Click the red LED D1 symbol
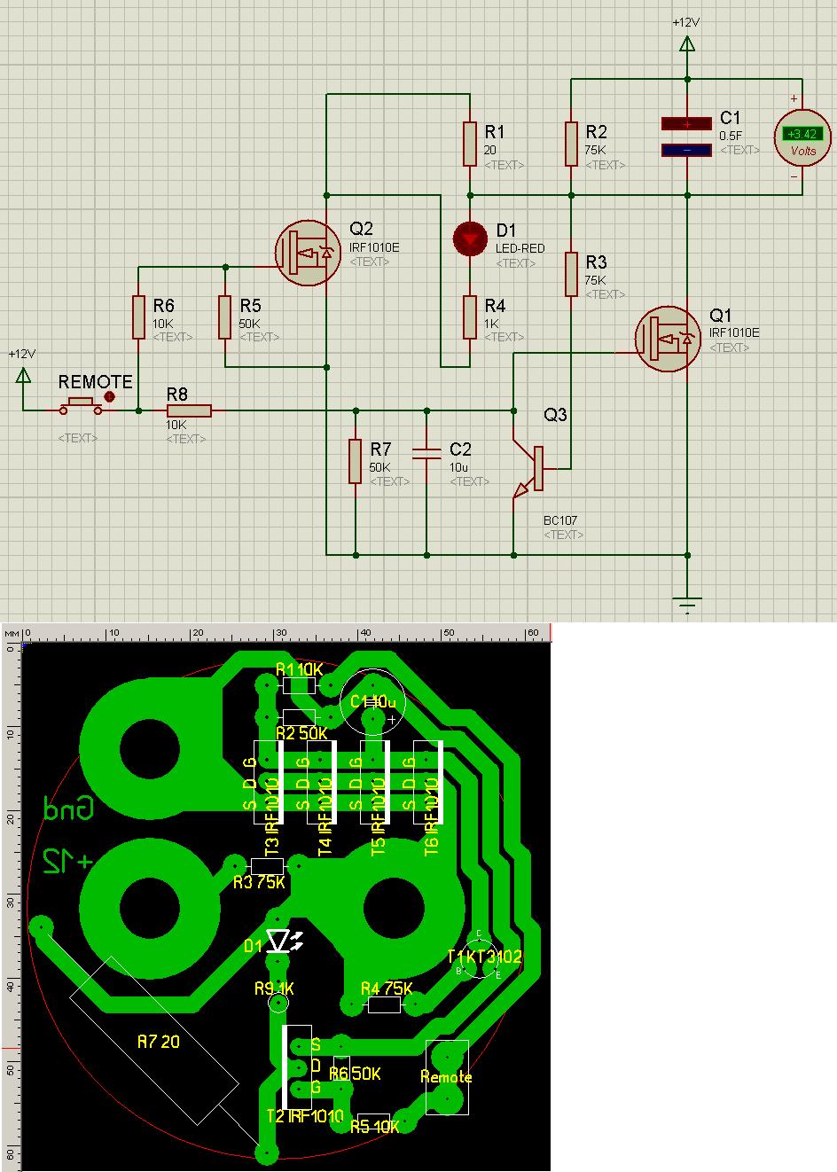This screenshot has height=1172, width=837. tap(470, 238)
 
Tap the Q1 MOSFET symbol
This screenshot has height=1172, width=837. tap(667, 338)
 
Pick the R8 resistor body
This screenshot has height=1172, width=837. tap(189, 410)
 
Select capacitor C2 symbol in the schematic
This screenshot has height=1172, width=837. tap(426, 453)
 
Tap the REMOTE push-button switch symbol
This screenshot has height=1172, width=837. tap(81, 406)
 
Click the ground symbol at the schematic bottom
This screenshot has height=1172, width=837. tap(687, 604)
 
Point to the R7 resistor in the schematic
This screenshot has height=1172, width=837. tap(355, 461)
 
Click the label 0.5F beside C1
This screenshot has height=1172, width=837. tap(731, 136)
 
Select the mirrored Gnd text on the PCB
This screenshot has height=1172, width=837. tap(68, 808)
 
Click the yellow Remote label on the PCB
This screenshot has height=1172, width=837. tap(446, 1077)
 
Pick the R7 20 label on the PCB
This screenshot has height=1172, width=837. tap(158, 1042)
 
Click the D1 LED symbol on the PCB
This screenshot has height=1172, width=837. tap(280, 942)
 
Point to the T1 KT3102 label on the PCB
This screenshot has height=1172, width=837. tap(484, 957)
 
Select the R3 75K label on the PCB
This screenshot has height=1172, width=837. tap(259, 882)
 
